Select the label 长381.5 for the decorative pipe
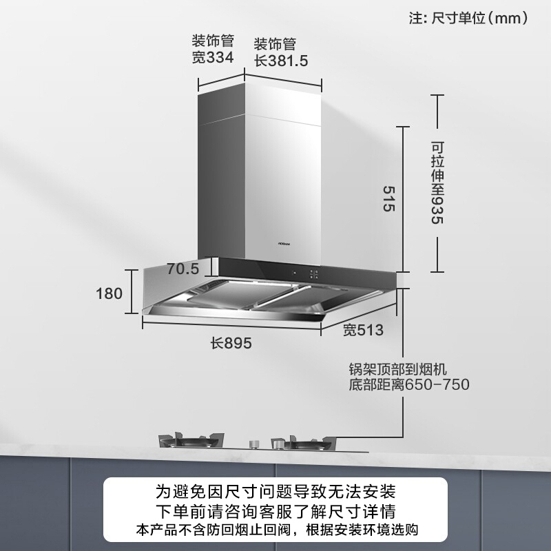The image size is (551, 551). (280, 60)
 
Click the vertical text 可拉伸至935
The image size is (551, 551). (437, 183)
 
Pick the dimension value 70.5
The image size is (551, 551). (183, 269)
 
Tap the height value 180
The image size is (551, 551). (109, 294)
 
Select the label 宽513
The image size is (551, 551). (363, 331)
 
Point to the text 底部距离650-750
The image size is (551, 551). (410, 384)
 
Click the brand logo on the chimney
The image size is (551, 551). (268, 243)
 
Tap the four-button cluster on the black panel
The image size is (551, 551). (313, 273)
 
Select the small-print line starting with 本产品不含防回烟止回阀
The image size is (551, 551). (275, 530)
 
